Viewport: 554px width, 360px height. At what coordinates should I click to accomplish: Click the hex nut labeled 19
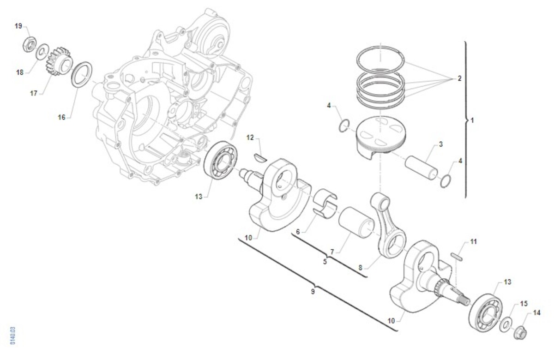click(30, 44)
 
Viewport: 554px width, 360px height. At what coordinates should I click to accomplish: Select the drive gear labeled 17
click(58, 62)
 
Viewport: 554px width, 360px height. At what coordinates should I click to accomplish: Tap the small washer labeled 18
click(42, 52)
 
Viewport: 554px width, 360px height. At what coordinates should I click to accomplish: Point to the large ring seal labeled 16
click(82, 74)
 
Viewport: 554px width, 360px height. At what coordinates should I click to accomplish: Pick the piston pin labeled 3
click(421, 168)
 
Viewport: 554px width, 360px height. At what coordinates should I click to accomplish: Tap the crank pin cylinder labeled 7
click(356, 222)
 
